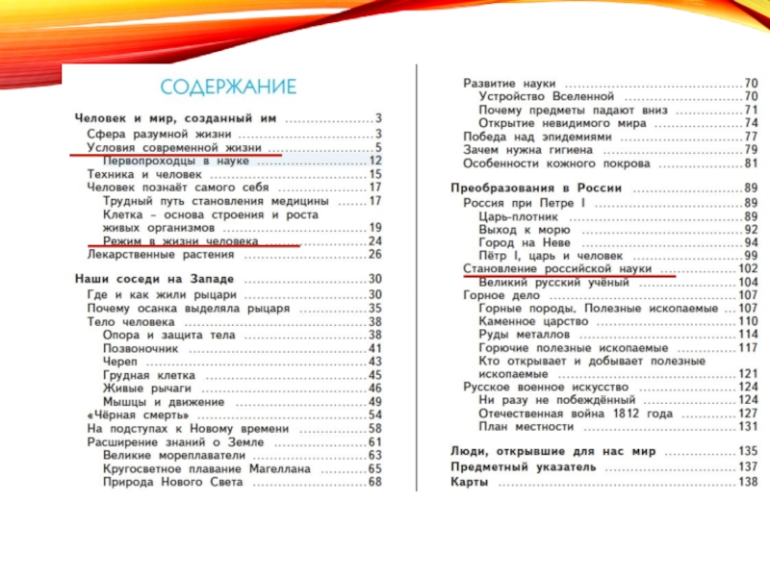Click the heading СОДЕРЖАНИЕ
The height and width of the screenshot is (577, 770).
227,88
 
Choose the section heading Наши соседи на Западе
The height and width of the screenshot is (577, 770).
155,279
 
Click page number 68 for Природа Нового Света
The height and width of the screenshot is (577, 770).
374,482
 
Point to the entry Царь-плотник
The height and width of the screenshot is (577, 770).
518,217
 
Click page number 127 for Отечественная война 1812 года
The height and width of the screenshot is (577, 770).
748,414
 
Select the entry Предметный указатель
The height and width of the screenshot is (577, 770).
524,466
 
